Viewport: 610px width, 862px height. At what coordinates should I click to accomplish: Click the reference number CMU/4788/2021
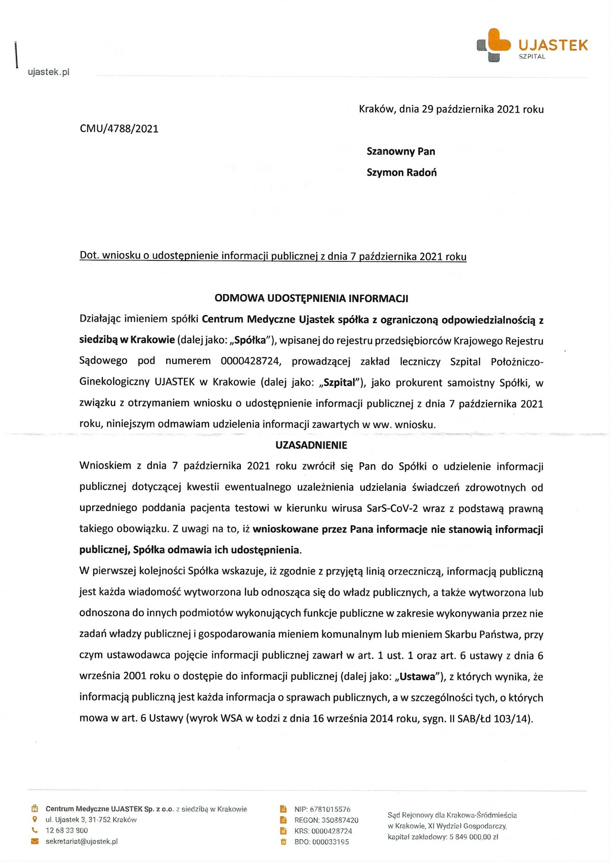click(119, 129)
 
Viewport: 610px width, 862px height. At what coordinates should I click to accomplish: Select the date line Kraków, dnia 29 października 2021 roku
click(451, 109)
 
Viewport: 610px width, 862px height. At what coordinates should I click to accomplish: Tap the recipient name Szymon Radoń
click(401, 173)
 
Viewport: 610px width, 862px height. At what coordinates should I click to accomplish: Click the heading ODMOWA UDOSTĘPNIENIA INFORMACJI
click(311, 298)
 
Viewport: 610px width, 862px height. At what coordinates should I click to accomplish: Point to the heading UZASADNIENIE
click(311, 445)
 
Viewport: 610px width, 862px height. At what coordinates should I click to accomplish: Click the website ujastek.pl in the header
click(48, 72)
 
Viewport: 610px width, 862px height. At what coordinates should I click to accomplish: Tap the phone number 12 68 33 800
click(67, 830)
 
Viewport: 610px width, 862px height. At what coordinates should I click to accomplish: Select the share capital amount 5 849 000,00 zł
click(474, 837)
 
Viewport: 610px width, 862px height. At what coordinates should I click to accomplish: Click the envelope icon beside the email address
click(35, 841)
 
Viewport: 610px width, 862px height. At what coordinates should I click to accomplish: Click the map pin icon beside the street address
click(35, 819)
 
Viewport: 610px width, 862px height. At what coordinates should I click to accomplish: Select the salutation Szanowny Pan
click(400, 152)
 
